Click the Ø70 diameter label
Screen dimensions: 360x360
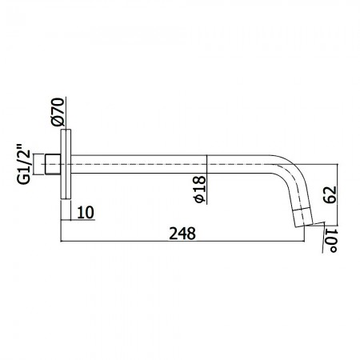(58, 112)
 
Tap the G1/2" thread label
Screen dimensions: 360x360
(23, 164)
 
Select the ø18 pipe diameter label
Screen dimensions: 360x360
(200, 189)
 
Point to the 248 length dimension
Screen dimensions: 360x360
(182, 234)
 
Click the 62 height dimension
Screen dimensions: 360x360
(330, 195)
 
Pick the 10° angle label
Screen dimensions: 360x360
(330, 241)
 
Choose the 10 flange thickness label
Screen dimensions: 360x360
(86, 213)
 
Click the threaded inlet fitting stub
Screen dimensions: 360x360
(53, 164)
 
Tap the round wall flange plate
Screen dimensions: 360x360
(66, 164)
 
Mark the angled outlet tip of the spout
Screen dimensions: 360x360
(303, 218)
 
